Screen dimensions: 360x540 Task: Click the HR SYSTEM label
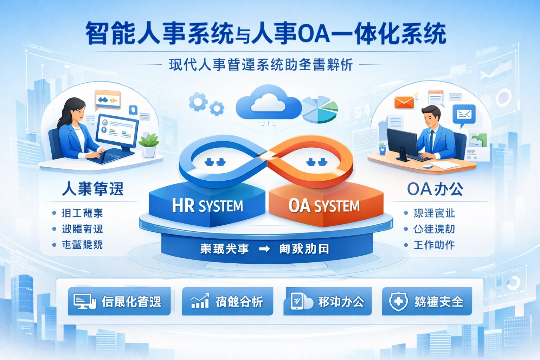[207, 206]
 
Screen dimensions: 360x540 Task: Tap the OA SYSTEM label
[324, 206]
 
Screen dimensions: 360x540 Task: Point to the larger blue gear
[198, 102]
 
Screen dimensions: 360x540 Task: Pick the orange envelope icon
[404, 102]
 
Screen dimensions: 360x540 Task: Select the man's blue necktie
[431, 140]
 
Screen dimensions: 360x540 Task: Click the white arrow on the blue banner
[264, 249]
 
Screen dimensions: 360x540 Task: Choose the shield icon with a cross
[398, 302]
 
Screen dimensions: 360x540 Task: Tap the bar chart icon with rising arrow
[200, 301]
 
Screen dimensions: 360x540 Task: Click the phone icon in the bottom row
[297, 301]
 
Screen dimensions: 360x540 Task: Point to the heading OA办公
[435, 189]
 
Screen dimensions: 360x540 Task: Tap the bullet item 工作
[434, 245]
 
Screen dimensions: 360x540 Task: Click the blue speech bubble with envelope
[464, 115]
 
